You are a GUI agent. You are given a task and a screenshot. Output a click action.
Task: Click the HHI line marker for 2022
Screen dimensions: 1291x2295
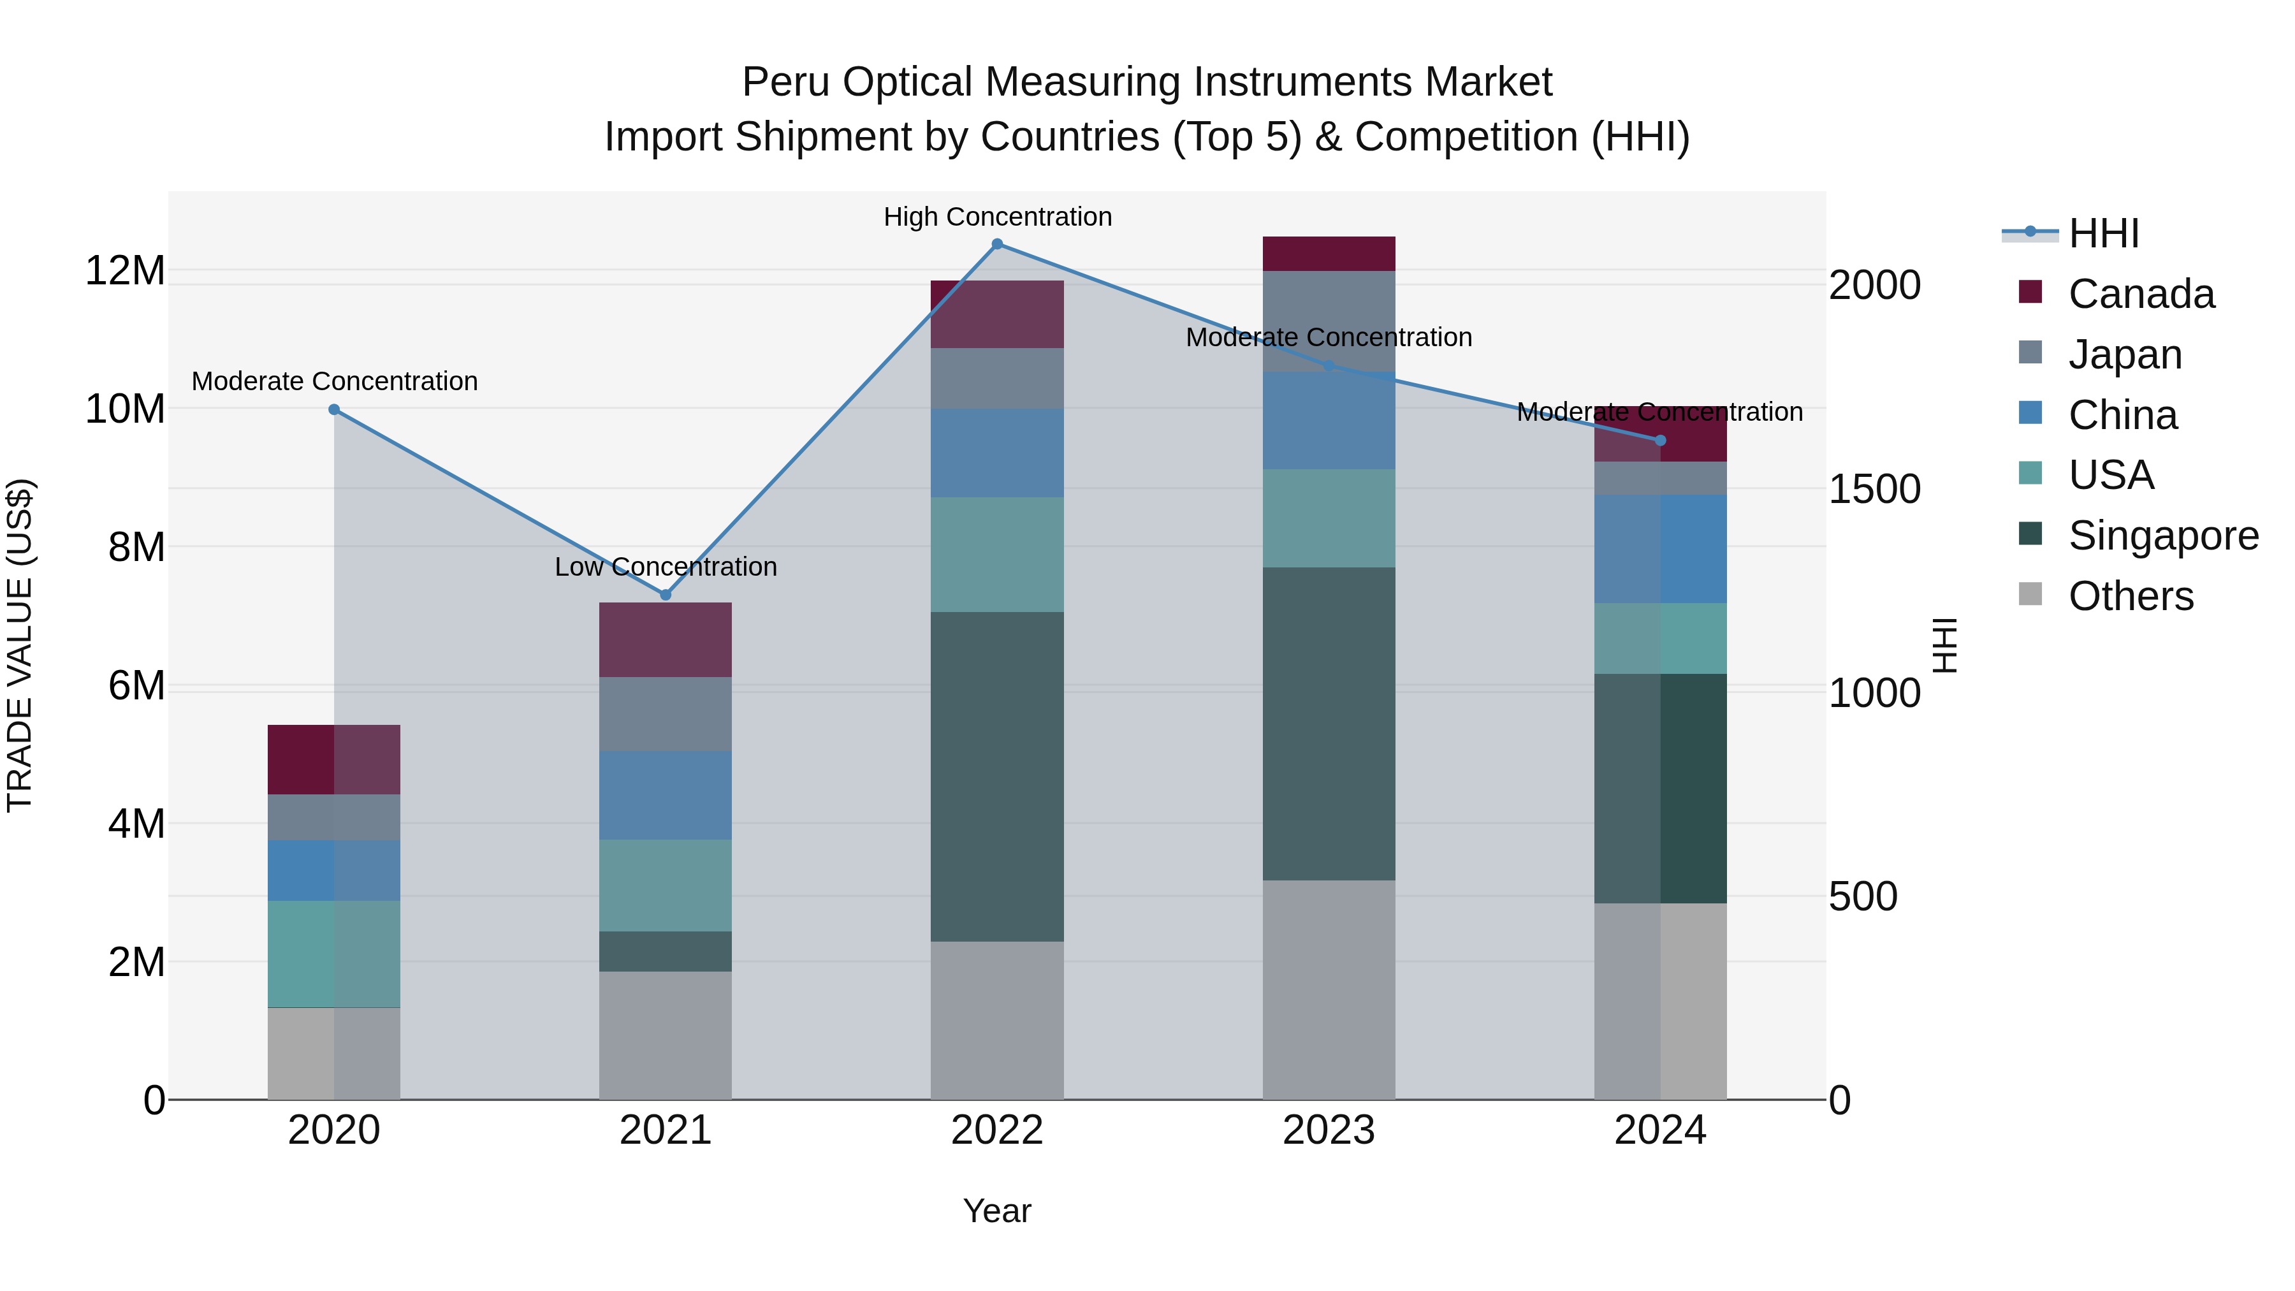[x=997, y=244]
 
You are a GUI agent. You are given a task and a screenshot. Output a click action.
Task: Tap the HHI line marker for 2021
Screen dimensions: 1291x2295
[x=665, y=594]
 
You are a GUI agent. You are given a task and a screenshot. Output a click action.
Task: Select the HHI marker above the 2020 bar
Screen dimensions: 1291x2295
[x=334, y=410]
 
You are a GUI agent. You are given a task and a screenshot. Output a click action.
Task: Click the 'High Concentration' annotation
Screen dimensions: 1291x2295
[x=997, y=217]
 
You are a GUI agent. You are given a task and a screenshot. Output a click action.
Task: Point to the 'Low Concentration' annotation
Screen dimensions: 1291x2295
[x=665, y=567]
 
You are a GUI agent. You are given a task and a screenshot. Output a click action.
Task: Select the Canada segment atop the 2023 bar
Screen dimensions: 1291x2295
[x=1329, y=254]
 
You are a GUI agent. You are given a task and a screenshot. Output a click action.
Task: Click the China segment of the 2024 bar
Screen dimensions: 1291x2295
[x=1660, y=549]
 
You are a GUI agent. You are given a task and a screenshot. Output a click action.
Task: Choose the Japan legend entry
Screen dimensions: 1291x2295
[x=2125, y=354]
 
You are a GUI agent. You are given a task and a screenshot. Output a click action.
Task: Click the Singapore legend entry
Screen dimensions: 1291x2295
[x=2163, y=536]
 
